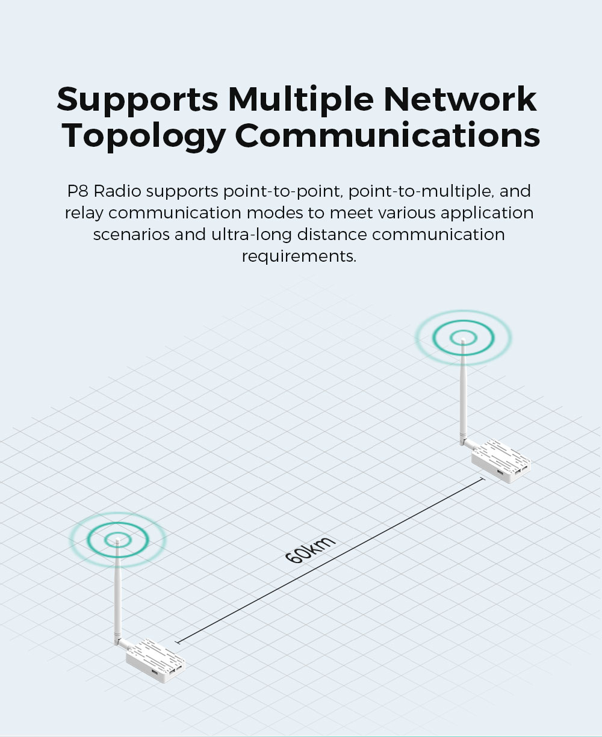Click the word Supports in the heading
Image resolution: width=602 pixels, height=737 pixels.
(x=137, y=100)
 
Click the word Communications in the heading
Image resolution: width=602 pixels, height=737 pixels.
(x=387, y=136)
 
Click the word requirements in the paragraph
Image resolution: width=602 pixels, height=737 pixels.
(x=299, y=256)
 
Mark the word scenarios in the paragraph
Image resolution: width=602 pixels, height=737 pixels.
(x=131, y=234)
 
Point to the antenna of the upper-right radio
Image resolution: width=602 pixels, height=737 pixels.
(x=463, y=391)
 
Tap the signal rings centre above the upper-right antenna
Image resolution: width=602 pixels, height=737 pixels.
(x=463, y=337)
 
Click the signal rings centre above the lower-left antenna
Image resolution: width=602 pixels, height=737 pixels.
(x=117, y=540)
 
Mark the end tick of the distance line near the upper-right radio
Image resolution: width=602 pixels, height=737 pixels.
(x=483, y=480)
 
